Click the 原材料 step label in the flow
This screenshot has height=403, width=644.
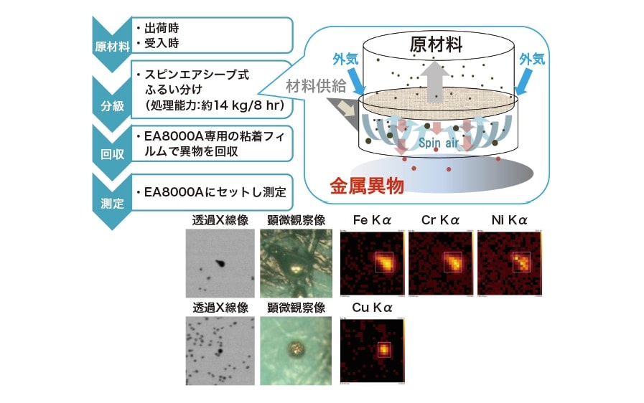click(x=111, y=47)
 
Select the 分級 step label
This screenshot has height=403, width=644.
click(x=111, y=105)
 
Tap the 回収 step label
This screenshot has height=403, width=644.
click(x=111, y=152)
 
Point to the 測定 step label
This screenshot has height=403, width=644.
click(x=111, y=201)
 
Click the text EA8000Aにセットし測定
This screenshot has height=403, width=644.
click(x=215, y=191)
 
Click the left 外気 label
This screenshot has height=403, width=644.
click(x=345, y=57)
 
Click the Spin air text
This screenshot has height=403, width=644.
click(x=439, y=143)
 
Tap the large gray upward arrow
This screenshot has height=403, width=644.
click(x=435, y=79)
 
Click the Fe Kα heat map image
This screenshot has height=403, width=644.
click(x=370, y=262)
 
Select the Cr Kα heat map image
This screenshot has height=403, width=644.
click(x=439, y=262)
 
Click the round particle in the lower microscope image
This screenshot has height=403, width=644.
click(x=295, y=349)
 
